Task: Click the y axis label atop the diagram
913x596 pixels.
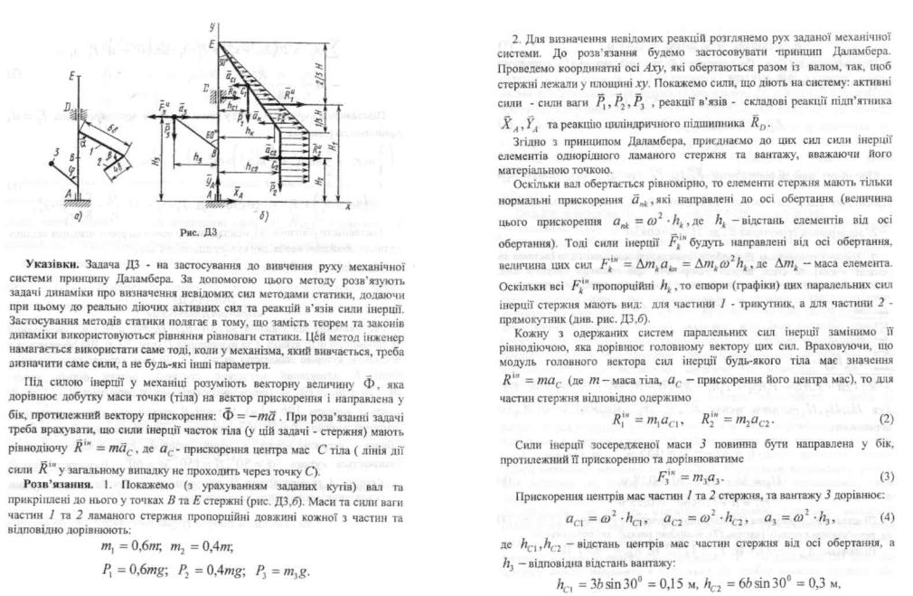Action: point(210,20)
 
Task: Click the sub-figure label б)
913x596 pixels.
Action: point(261,217)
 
